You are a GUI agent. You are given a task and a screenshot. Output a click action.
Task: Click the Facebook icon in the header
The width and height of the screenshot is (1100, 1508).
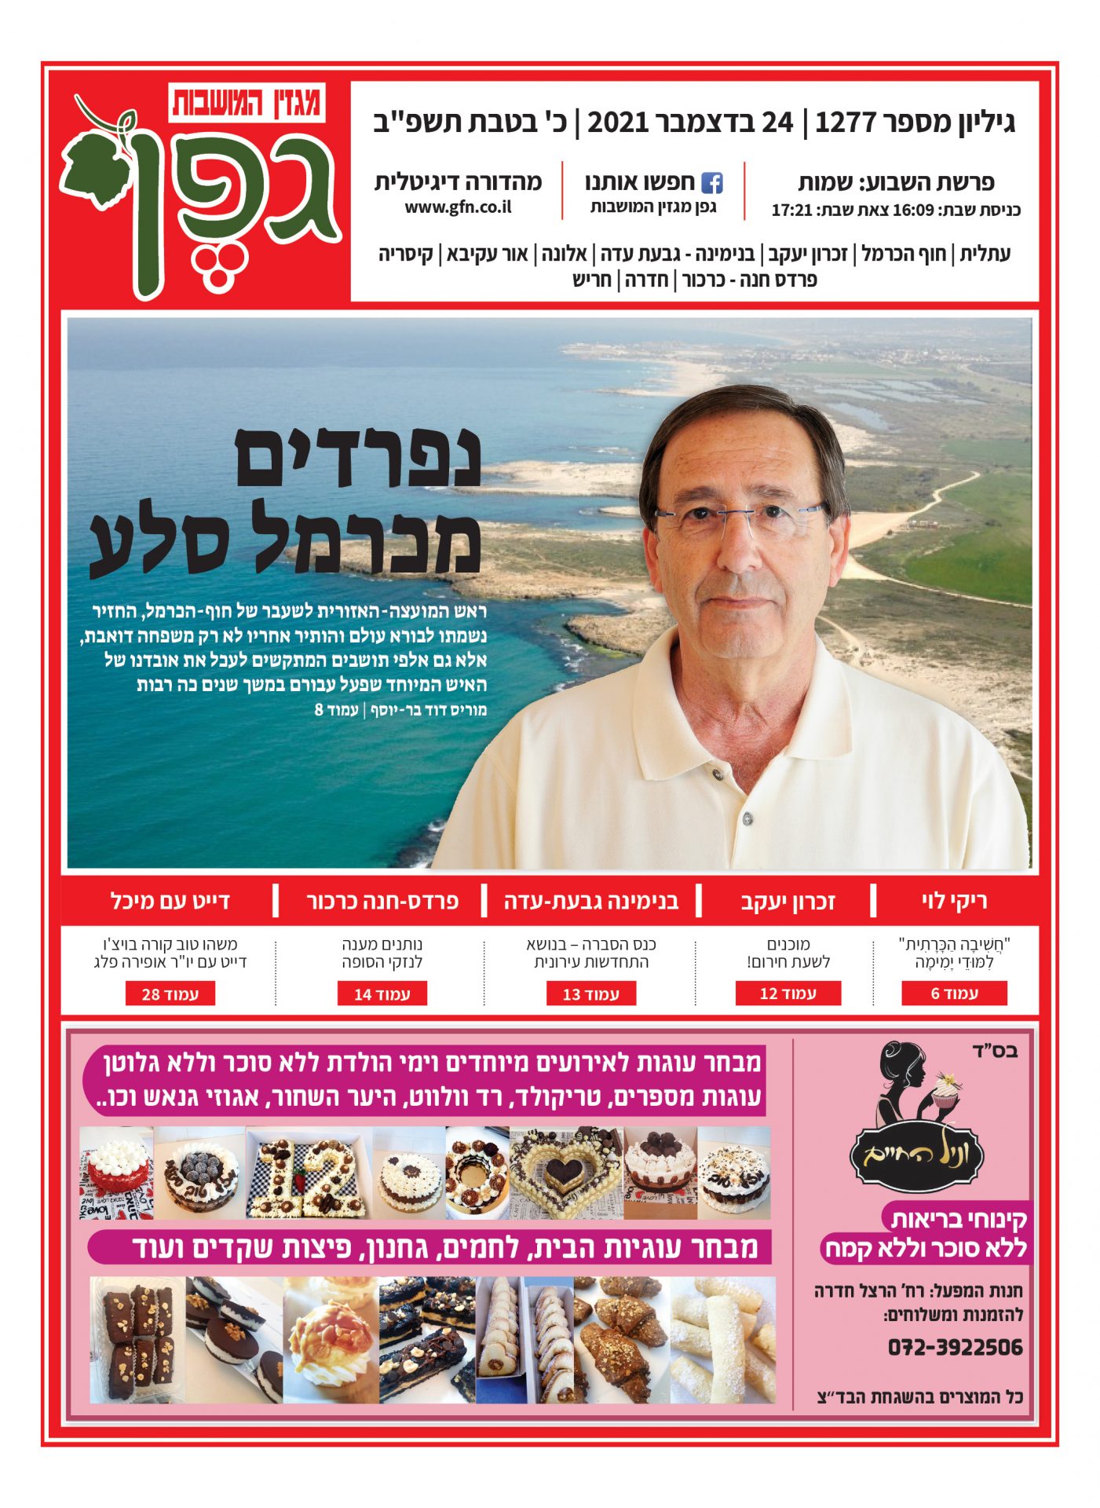click(x=711, y=183)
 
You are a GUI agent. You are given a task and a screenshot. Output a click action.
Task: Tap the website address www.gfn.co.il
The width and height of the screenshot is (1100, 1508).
click(x=458, y=207)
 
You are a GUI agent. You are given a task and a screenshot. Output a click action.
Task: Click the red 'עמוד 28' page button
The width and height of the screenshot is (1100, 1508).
click(x=170, y=994)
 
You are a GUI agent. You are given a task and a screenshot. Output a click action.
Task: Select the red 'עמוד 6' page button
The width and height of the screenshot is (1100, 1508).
click(x=954, y=993)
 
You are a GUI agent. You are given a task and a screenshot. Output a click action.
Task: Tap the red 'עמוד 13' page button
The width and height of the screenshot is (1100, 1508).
click(x=590, y=994)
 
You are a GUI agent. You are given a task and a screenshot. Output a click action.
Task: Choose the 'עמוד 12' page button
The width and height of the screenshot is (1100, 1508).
click(x=788, y=993)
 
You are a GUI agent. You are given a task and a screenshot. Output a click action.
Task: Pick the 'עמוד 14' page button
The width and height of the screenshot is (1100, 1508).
click(x=382, y=994)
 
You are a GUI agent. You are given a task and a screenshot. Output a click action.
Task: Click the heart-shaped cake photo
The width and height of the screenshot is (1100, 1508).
click(x=565, y=1173)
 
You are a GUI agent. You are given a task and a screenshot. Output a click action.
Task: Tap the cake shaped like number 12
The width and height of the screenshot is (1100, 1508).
click(x=308, y=1173)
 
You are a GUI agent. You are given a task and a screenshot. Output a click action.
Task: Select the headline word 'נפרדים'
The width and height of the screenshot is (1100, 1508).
click(x=358, y=458)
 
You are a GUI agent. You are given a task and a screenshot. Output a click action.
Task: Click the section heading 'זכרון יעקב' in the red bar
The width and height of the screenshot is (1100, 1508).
click(x=788, y=901)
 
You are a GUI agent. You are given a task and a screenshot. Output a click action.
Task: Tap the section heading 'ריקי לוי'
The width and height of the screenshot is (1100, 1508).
click(x=954, y=901)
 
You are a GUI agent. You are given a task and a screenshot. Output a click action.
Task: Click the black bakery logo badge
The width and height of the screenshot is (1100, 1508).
click(x=916, y=1155)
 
